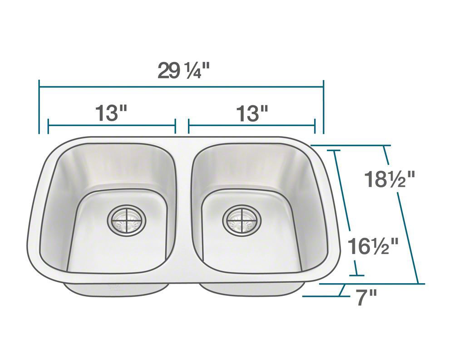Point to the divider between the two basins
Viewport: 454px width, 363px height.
(x=184, y=209)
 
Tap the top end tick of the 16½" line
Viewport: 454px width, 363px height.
(x=335, y=151)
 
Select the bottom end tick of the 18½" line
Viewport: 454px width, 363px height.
(x=418, y=284)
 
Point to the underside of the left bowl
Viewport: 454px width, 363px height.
(x=116, y=287)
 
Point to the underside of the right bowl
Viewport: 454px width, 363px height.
(x=252, y=288)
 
